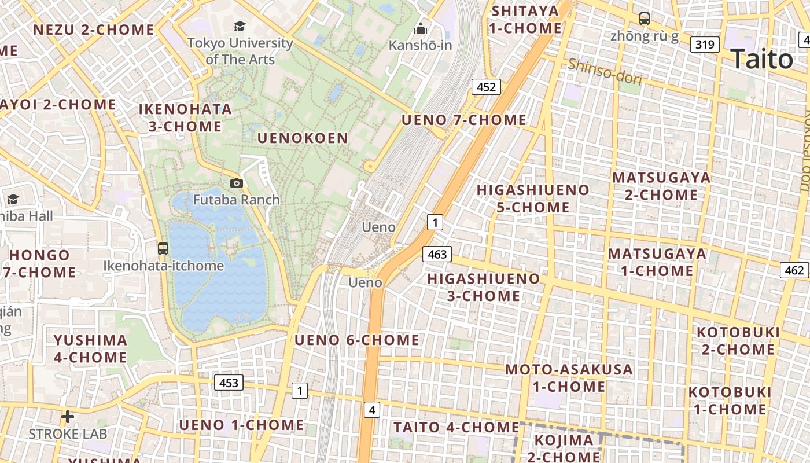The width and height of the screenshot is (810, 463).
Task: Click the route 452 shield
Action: click(486, 87)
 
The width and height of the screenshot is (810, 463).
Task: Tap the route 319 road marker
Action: click(705, 44)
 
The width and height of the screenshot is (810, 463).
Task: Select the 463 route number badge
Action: click(437, 253)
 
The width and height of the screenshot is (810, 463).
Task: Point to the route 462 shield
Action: click(794, 270)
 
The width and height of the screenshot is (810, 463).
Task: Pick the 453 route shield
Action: click(229, 383)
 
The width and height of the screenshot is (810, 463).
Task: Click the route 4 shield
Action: click(372, 410)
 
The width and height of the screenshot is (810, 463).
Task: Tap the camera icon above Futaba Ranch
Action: click(236, 183)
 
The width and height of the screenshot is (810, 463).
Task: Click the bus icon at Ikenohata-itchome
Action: click(163, 249)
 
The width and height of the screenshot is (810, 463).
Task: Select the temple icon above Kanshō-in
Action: click(421, 28)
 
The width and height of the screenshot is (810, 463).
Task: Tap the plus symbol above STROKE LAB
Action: click(68, 417)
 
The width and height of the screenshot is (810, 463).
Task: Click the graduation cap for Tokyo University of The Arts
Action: click(240, 26)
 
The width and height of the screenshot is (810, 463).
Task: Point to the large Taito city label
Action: click(761, 59)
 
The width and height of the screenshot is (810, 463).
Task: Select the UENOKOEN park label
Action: click(303, 138)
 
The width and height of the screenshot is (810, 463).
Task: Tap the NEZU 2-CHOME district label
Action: click(94, 30)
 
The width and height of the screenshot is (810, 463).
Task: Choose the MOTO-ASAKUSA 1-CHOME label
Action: click(569, 378)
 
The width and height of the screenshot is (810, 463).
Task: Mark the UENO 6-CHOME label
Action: click(357, 340)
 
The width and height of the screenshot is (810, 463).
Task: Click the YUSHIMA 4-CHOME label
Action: click(90, 348)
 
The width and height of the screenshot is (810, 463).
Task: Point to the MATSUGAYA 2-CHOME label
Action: click(661, 186)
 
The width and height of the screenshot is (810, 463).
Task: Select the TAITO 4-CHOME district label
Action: click(456, 427)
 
